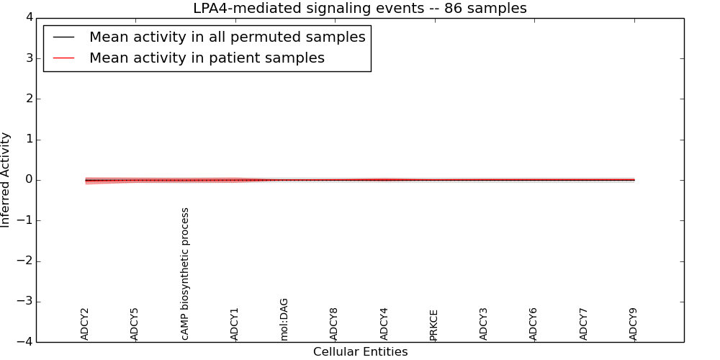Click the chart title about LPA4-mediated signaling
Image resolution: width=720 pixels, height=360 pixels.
[x=359, y=9]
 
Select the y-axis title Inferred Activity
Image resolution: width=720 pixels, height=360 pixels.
[x=6, y=180]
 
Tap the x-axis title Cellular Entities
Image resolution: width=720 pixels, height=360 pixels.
[x=360, y=352]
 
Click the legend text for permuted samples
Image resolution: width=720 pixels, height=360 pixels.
[x=227, y=37]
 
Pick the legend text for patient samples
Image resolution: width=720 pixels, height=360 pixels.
[x=207, y=58]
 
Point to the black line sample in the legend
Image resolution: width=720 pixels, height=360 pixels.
[x=64, y=37]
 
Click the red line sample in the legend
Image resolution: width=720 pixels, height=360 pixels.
[x=64, y=58]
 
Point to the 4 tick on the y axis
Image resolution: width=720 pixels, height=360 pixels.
[x=27, y=17]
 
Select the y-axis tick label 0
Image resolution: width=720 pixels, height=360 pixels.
[x=27, y=180]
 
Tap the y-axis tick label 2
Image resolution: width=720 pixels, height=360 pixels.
[x=27, y=99]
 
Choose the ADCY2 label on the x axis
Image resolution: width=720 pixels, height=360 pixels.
[x=85, y=324]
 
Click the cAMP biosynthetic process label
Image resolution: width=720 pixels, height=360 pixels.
[x=185, y=274]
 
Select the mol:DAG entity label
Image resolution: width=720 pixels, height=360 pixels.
[x=284, y=319]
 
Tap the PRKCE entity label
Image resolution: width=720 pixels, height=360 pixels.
[x=434, y=325]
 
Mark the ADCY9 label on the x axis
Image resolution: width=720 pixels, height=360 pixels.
[x=634, y=324]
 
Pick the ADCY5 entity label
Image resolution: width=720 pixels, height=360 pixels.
[x=135, y=324]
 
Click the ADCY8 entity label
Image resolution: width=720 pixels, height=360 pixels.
[x=334, y=324]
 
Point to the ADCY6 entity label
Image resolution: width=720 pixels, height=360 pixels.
[x=534, y=324]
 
